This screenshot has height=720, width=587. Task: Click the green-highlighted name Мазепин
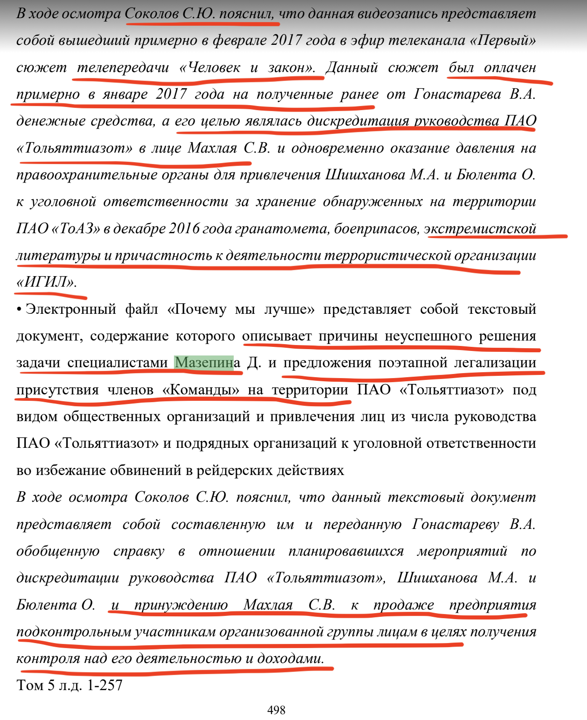pyautogui.click(x=204, y=363)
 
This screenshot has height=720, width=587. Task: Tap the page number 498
pyautogui.click(x=276, y=710)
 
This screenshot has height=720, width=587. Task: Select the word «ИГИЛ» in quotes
pyautogui.click(x=46, y=282)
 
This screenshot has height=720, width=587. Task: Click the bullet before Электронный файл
pyautogui.click(x=19, y=310)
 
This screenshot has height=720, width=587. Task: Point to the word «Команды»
pyautogui.click(x=201, y=390)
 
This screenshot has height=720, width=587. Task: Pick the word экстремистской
pyautogui.click(x=480, y=229)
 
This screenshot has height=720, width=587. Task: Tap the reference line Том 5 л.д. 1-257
pyautogui.click(x=69, y=685)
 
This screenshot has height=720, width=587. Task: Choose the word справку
pyautogui.click(x=139, y=551)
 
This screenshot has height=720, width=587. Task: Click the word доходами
pyautogui.click(x=290, y=658)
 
